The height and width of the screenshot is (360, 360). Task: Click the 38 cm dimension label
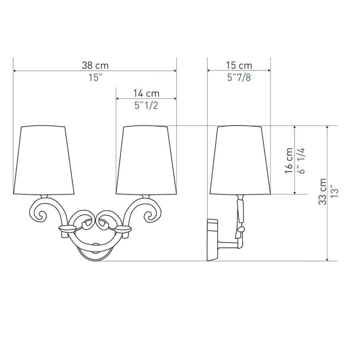pyautogui.click(x=95, y=66)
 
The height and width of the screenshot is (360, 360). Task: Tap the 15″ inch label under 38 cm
pyautogui.click(x=95, y=78)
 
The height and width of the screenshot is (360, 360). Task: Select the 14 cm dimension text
pyautogui.click(x=146, y=94)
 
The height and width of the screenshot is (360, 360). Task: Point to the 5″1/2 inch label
pyautogui.click(x=146, y=106)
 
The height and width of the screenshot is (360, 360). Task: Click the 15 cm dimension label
pyautogui.click(x=239, y=66)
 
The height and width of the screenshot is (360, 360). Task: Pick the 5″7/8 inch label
pyautogui.click(x=239, y=78)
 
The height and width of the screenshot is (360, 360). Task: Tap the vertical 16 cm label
pyautogui.click(x=289, y=161)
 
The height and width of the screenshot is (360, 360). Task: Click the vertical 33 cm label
pyautogui.click(x=322, y=192)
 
